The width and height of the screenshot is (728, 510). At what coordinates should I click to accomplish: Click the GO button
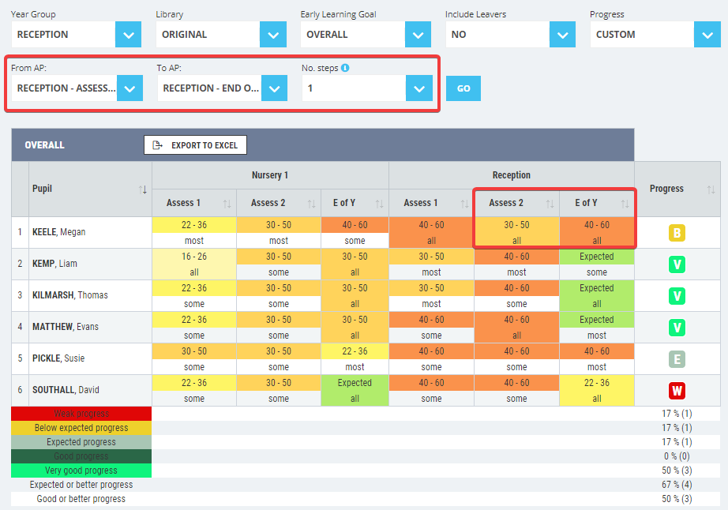463,88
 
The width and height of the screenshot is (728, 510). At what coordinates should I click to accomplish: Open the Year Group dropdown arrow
129,35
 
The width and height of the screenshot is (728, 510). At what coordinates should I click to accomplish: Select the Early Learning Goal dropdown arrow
418,35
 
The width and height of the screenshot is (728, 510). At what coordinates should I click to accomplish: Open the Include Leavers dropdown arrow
562,35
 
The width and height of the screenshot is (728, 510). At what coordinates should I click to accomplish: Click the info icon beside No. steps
345,68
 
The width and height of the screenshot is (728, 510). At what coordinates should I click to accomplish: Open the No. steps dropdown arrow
418,88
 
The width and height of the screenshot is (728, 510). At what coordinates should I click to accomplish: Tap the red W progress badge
677,391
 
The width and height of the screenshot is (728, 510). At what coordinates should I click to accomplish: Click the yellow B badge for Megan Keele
677,233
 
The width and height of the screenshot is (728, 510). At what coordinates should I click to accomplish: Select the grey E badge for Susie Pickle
677,359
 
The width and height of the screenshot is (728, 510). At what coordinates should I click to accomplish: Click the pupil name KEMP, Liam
54,264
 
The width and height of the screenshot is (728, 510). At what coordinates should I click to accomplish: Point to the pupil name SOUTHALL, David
66,390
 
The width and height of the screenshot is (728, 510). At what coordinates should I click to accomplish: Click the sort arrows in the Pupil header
143,189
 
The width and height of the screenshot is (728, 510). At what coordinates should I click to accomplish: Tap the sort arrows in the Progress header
711,189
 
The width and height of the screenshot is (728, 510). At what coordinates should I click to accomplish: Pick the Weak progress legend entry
81,414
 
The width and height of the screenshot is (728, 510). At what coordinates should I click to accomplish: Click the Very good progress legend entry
81,471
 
